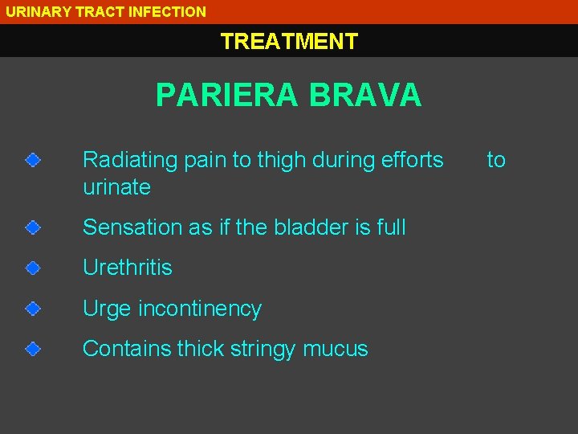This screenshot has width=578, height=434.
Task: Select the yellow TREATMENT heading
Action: (x=289, y=41)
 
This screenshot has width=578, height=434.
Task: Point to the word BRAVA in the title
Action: (x=365, y=95)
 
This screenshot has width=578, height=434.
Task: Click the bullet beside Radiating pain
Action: (x=31, y=161)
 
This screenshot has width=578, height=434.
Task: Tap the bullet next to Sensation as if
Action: (x=31, y=227)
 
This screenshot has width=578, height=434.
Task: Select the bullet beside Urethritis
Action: (x=31, y=268)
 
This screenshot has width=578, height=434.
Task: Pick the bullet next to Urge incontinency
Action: (x=31, y=308)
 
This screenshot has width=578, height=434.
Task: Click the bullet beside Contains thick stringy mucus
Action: (x=31, y=349)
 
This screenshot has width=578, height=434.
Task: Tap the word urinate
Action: (x=116, y=187)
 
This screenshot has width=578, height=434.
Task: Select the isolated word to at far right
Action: (x=496, y=160)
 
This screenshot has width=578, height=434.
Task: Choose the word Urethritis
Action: (x=128, y=268)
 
